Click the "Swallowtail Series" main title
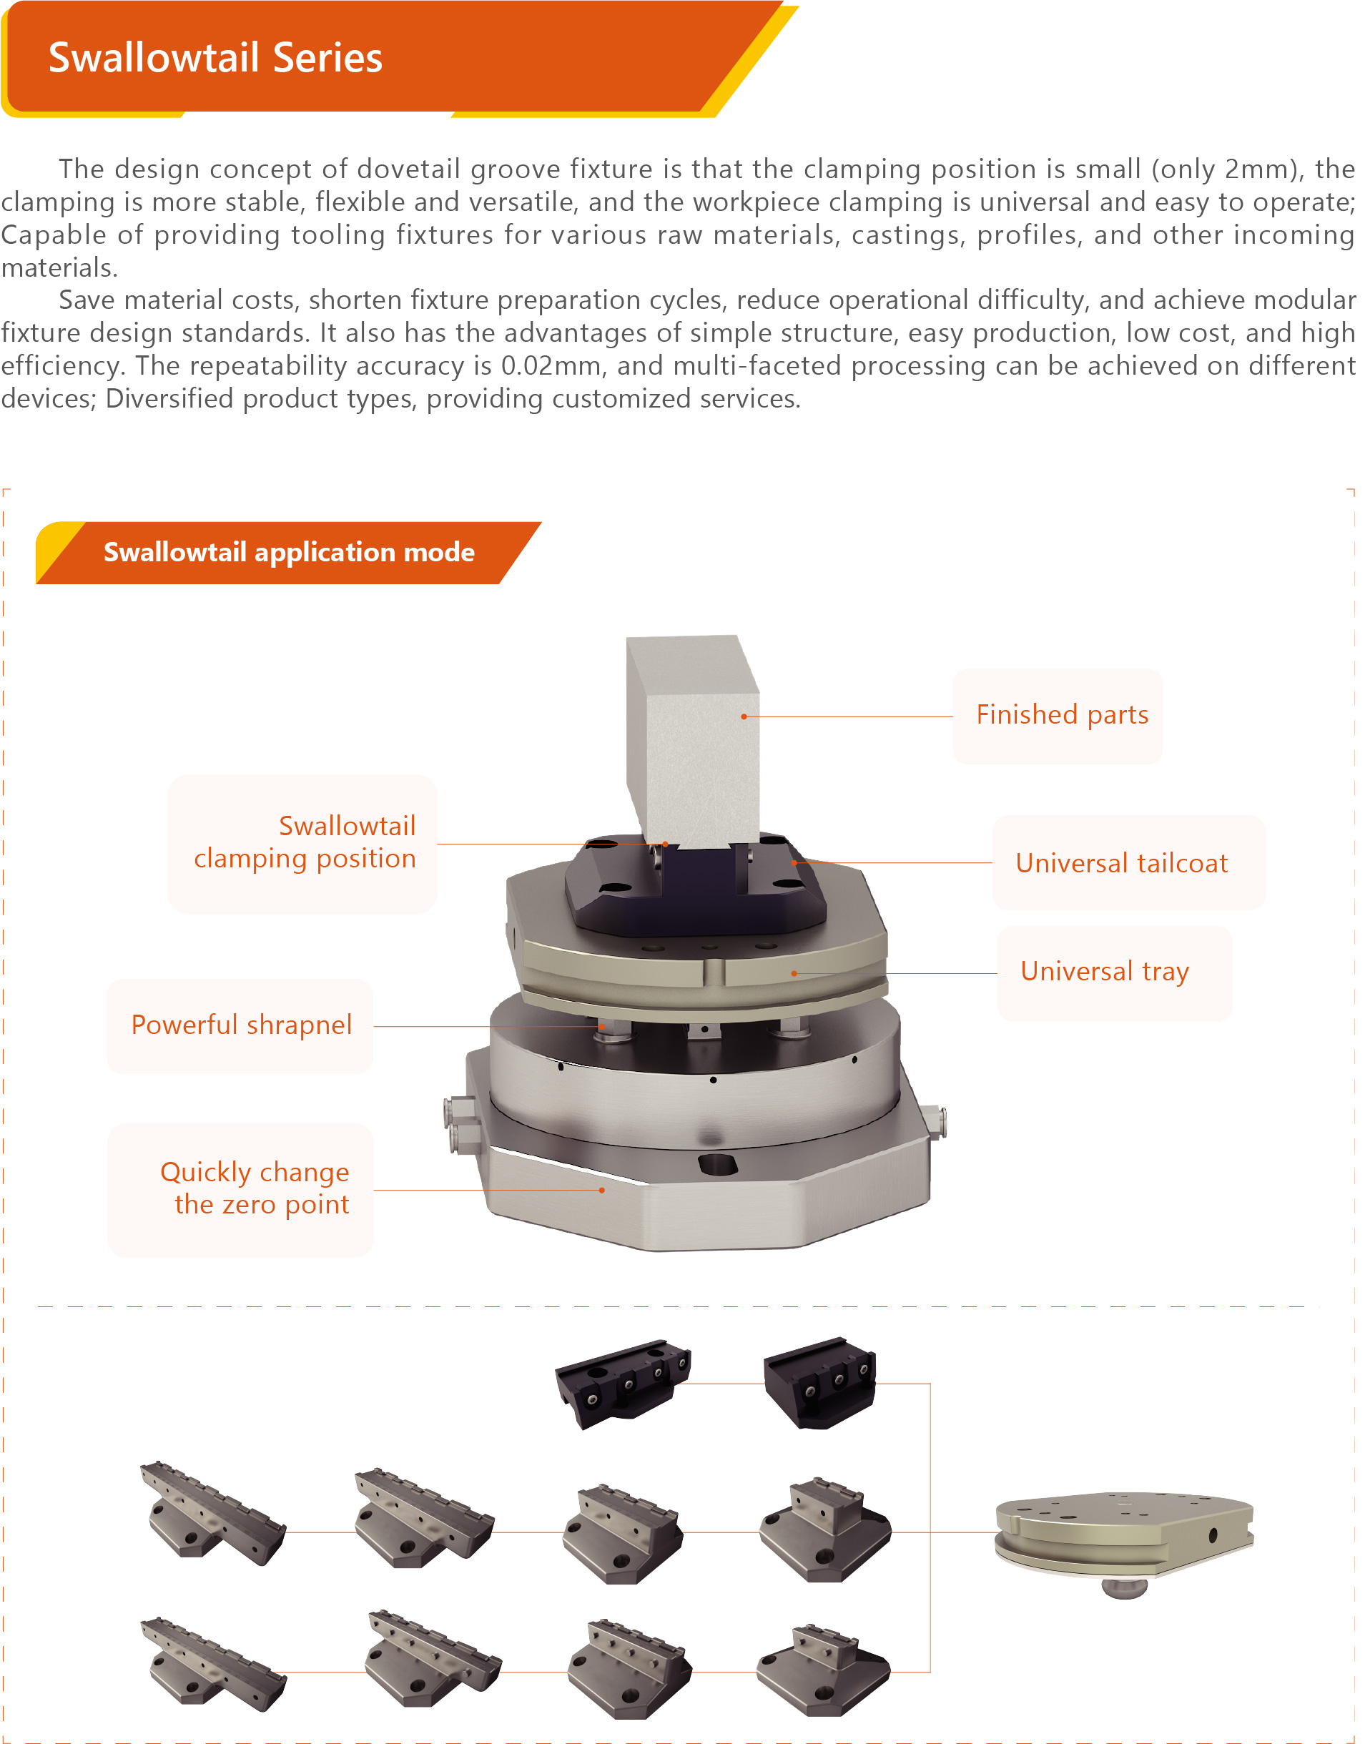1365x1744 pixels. coord(216,57)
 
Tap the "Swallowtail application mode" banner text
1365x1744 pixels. coord(290,552)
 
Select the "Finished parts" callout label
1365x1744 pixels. coord(1062,714)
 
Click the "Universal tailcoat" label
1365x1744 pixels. coord(1121,863)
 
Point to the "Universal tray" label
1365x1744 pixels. coord(1105,972)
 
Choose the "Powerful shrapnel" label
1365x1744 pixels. coord(242,1025)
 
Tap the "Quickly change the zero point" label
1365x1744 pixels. coord(255,1188)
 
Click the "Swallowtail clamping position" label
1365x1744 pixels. coord(305,842)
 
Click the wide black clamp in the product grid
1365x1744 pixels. coord(623,1384)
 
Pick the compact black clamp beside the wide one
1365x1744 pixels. coord(820,1382)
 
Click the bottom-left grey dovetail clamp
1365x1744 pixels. coord(213,1665)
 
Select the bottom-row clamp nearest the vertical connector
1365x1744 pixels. coord(824,1670)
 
